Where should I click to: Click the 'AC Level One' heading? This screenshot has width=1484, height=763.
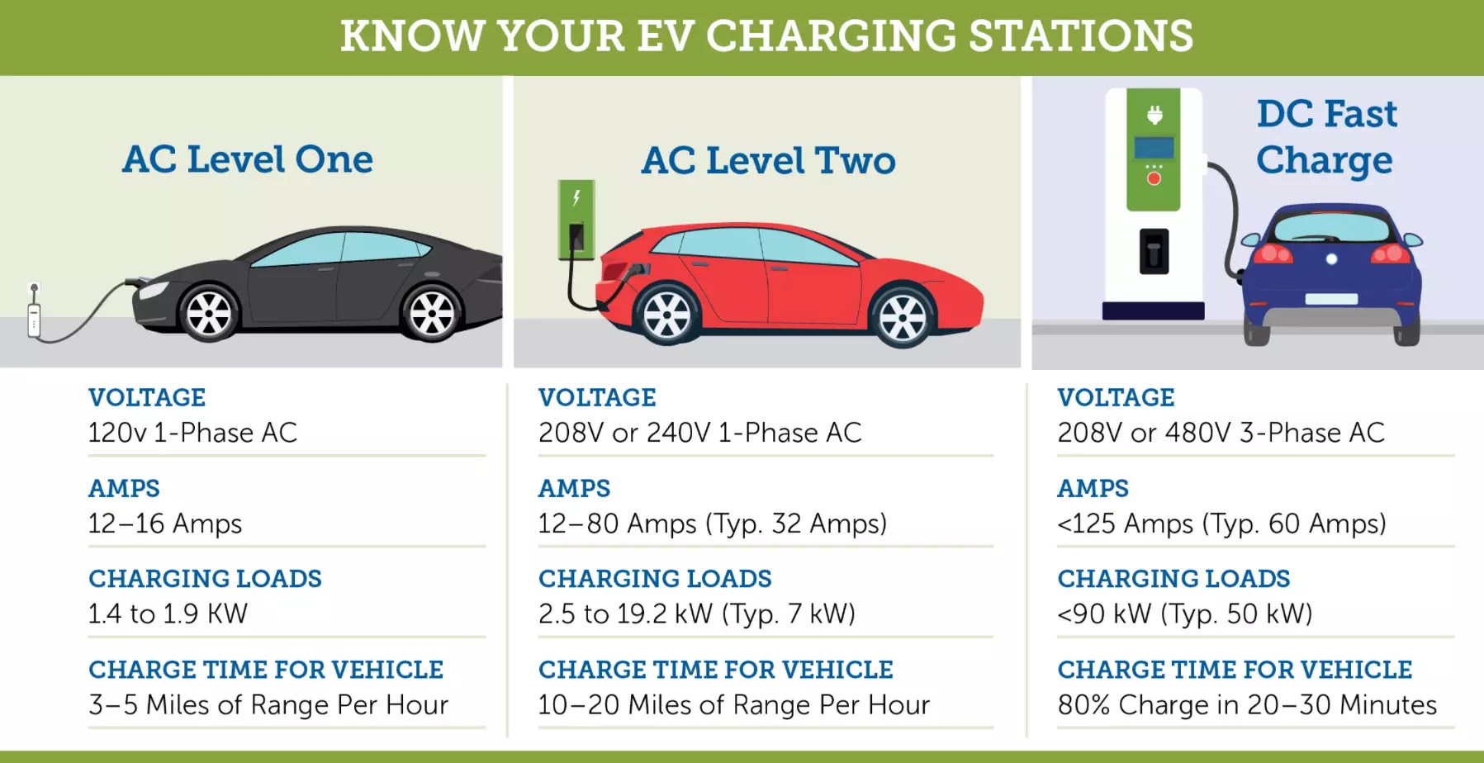point(248,159)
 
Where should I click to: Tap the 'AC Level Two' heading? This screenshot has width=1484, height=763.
point(768,161)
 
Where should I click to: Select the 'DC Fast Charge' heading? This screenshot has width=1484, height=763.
point(1326,136)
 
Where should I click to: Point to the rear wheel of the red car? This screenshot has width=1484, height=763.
point(667,315)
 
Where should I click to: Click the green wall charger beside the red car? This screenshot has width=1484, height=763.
point(576,220)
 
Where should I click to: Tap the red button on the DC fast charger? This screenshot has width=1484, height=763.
point(1154,178)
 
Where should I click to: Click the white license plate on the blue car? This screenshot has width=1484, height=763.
point(1331,299)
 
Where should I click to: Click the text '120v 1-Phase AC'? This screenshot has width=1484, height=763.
point(192,433)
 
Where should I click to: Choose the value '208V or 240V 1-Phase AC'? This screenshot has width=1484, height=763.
point(699,433)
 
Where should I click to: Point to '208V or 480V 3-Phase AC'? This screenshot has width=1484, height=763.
point(1221,433)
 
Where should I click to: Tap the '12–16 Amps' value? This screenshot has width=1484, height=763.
point(165,524)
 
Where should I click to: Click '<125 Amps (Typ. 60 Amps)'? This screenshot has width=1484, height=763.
point(1221,524)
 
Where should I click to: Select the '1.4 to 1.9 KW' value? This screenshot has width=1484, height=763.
point(168,614)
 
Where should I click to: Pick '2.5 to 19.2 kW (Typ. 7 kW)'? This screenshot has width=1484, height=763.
point(696,614)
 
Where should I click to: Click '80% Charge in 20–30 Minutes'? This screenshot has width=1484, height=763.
point(1247,704)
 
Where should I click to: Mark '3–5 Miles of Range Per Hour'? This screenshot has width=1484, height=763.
point(268,704)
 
